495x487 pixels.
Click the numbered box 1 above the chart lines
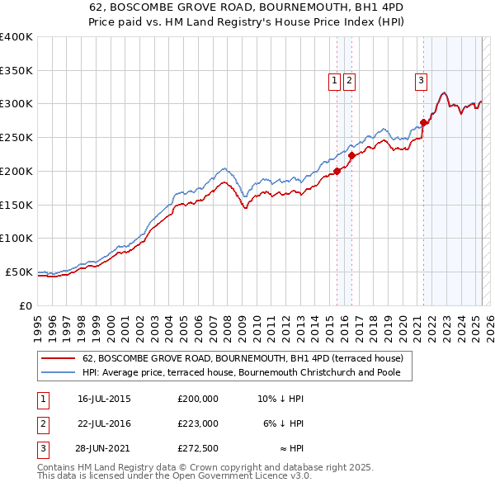click(334, 80)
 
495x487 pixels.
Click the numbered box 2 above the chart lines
click(349, 80)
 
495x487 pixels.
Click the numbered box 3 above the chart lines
click(421, 80)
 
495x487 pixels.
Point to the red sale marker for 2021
click(424, 122)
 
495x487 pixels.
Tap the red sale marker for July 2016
click(351, 155)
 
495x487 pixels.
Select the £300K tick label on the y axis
click(16, 104)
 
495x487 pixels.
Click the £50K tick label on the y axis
click(19, 272)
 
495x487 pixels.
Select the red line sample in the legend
click(59, 359)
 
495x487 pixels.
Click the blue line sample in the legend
click(59, 372)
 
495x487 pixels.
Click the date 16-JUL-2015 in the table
click(104, 399)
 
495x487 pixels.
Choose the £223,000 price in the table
click(198, 423)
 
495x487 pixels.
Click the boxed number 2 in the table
click(41, 423)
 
